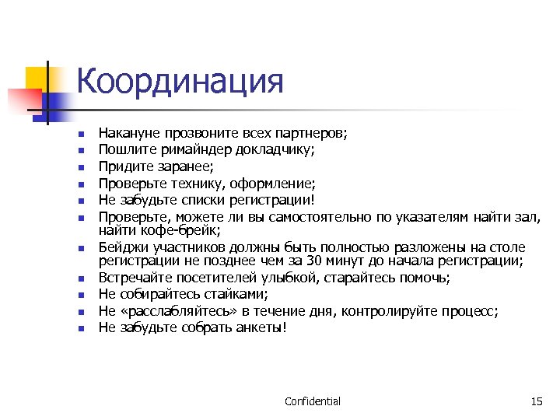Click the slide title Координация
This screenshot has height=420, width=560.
pyautogui.click(x=180, y=81)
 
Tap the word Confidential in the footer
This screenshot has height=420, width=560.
pyautogui.click(x=313, y=401)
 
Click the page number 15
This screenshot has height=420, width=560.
pyautogui.click(x=536, y=401)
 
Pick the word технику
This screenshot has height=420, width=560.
pyautogui.click(x=202, y=183)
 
